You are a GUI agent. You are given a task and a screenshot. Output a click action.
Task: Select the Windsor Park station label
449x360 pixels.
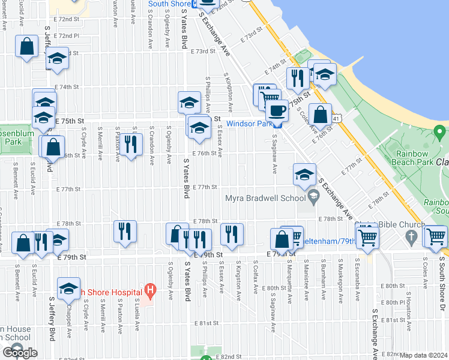[249, 123]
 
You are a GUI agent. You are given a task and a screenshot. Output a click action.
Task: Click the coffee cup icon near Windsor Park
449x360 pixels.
[277, 110]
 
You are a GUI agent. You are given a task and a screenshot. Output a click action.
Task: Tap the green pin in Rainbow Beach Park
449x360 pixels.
[441, 131]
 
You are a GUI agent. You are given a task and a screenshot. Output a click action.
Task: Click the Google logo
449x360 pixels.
[19, 353]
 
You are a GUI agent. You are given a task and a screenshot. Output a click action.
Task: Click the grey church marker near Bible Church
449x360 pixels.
[411, 237]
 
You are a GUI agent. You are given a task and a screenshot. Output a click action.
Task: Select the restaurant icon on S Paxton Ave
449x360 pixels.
[128, 145]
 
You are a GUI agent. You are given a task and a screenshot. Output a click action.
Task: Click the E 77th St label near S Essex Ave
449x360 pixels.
[204, 187]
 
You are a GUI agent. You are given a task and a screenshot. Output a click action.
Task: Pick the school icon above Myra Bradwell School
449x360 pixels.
[304, 175]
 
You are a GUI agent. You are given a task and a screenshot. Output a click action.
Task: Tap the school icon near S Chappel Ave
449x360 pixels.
[69, 289]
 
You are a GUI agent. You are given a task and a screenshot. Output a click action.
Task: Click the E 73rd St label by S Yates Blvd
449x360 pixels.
[203, 52]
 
